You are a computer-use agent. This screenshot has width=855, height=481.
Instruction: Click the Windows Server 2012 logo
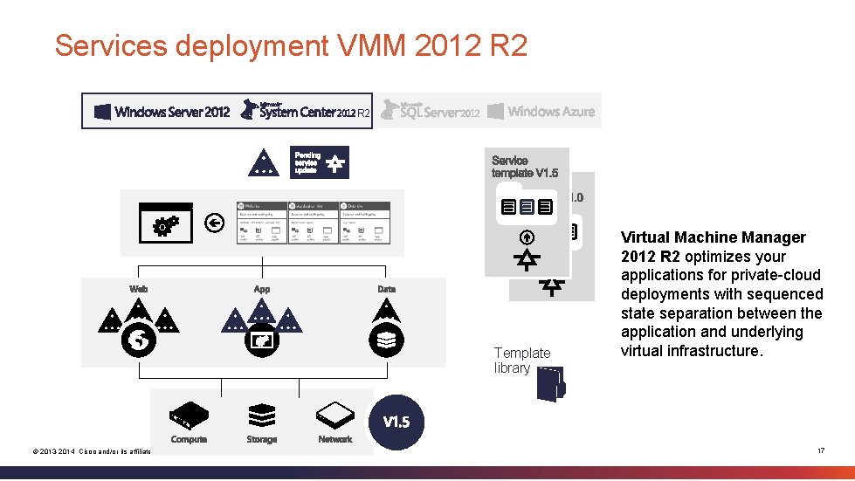(162, 111)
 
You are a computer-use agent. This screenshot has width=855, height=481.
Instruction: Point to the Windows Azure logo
(541, 111)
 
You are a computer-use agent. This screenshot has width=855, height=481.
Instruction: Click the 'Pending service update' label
(307, 162)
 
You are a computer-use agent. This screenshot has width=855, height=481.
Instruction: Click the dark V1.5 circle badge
(397, 423)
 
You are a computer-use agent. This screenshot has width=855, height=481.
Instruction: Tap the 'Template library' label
(522, 360)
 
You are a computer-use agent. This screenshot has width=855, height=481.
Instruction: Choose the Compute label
(189, 440)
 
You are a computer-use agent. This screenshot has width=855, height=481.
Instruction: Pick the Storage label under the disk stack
(262, 440)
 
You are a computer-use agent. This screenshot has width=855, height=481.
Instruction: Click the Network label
(335, 440)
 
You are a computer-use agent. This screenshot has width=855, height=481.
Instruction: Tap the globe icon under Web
(139, 341)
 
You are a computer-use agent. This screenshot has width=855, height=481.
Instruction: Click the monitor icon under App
(262, 341)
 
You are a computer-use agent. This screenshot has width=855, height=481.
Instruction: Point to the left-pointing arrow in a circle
(214, 223)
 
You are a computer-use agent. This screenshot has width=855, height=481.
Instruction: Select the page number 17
(820, 450)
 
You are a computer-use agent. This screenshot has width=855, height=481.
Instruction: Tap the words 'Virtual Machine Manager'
(714, 237)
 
